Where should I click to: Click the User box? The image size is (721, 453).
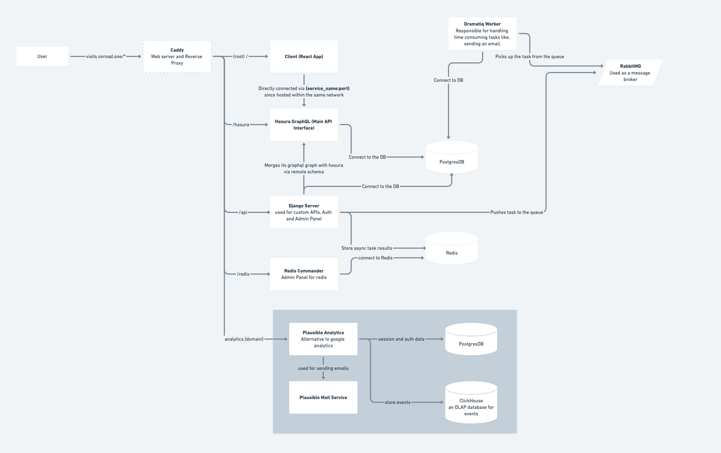[42, 56]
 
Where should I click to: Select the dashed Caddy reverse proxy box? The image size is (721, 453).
[177, 56]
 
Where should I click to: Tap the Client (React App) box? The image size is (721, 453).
[304, 56]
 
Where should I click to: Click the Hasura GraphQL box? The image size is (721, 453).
[304, 125]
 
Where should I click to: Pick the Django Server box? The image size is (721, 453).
[304, 212]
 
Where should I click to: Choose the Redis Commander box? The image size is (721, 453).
[304, 274]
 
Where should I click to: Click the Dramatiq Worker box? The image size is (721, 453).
[482, 34]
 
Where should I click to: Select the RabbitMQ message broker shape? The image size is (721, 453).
[630, 72]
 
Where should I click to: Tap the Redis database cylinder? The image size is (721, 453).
[451, 250]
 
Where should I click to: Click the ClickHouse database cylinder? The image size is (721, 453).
[471, 404]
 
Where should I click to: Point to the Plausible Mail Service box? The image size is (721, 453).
[323, 397]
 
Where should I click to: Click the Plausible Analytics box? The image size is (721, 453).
[323, 339]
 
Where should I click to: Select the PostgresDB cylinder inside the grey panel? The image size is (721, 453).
[471, 340]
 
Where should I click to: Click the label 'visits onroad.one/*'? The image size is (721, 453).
[106, 56]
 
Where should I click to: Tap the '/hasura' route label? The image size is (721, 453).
[241, 125]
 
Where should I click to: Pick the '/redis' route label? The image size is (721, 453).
[243, 274]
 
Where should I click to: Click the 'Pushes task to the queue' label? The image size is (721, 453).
[516, 212]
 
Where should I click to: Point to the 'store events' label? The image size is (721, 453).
[397, 402]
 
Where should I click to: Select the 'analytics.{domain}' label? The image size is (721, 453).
[244, 339]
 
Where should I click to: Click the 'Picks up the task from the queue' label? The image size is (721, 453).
[529, 57]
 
